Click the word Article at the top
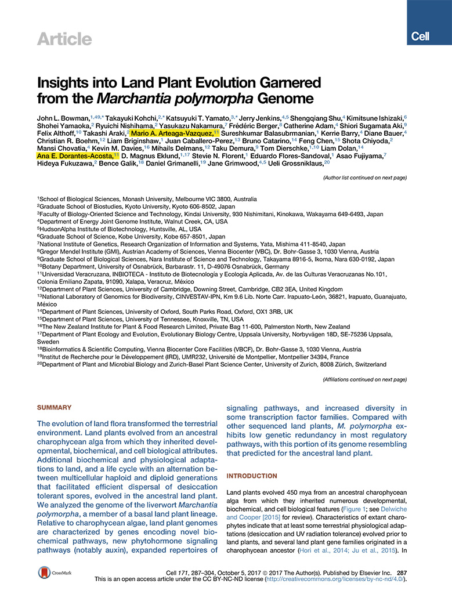pos(64,39)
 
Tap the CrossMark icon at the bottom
pos(53,573)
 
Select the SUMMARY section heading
pos(55,408)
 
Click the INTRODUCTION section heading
pos(252,476)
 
